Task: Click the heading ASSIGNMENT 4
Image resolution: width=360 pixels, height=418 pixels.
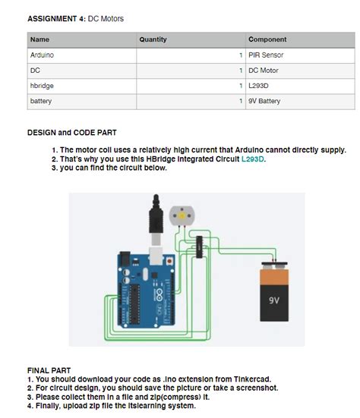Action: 55,17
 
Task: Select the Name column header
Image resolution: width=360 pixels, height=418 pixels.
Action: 39,39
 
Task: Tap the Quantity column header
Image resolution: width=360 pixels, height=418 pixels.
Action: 153,39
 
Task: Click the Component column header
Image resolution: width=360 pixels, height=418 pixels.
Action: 267,39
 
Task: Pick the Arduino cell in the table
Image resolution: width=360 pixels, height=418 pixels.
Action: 42,55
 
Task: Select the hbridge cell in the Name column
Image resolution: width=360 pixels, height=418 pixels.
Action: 42,86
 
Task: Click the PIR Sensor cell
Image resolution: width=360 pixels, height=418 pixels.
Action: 266,55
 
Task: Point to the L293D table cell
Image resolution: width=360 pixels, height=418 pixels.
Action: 259,86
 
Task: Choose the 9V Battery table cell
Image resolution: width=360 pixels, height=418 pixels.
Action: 264,101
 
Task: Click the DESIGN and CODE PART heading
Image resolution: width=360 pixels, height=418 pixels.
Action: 71,132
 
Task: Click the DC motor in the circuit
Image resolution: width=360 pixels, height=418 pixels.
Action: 182,218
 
